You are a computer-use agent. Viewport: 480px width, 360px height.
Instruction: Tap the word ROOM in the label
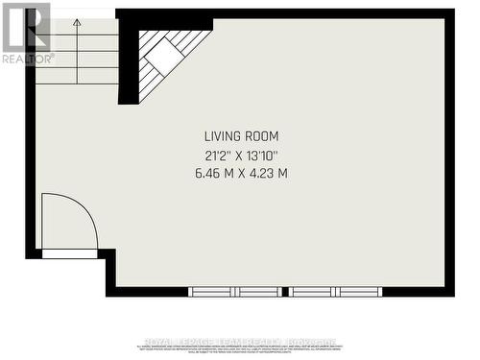(264, 136)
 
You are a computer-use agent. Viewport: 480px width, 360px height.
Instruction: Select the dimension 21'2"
(215, 155)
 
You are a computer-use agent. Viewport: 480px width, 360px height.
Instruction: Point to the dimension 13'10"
(267, 155)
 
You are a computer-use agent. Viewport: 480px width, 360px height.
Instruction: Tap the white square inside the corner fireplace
(164, 57)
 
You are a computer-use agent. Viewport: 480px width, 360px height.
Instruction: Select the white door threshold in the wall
(70, 253)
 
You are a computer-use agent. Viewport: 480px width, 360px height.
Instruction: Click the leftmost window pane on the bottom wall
(212, 291)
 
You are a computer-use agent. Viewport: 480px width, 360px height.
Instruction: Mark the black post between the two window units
(286, 291)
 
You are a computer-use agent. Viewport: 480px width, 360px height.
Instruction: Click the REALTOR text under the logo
(27, 59)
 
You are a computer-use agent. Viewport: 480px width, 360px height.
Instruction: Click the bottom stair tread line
(77, 84)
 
